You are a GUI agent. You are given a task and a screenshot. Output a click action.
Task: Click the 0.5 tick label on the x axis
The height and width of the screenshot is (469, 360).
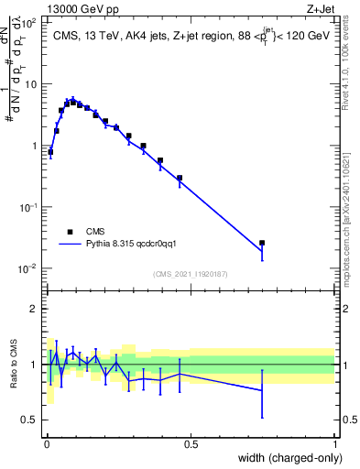pos(191,444)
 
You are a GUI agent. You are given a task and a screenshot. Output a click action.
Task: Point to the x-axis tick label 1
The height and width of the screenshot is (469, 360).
pos(335,444)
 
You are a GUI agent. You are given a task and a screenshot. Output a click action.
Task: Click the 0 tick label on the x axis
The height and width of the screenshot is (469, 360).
pos(47,444)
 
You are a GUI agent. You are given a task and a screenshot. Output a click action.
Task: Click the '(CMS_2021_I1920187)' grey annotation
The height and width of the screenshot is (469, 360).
pos(190,273)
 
